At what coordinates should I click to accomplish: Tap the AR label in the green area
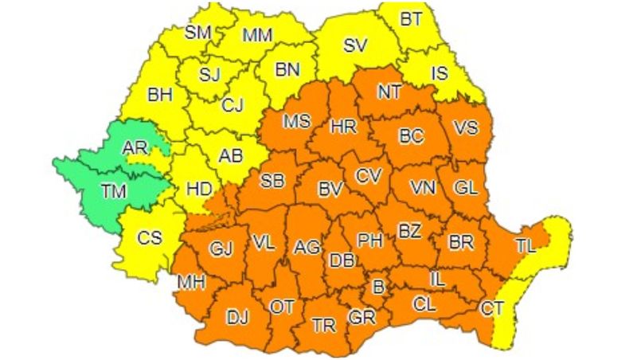coord(135,148)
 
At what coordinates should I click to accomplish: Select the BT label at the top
coord(411,21)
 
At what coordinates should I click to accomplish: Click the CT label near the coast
coord(492,307)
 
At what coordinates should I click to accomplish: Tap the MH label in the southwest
coord(191,282)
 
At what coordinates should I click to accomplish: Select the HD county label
coord(198,189)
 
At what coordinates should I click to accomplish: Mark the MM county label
coord(256,35)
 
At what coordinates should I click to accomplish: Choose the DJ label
coord(237,318)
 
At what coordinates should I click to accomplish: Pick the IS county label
coord(440,74)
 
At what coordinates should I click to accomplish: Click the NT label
coord(389,92)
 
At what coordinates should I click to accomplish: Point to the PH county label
coord(369,239)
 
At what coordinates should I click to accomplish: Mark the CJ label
coord(233,104)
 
